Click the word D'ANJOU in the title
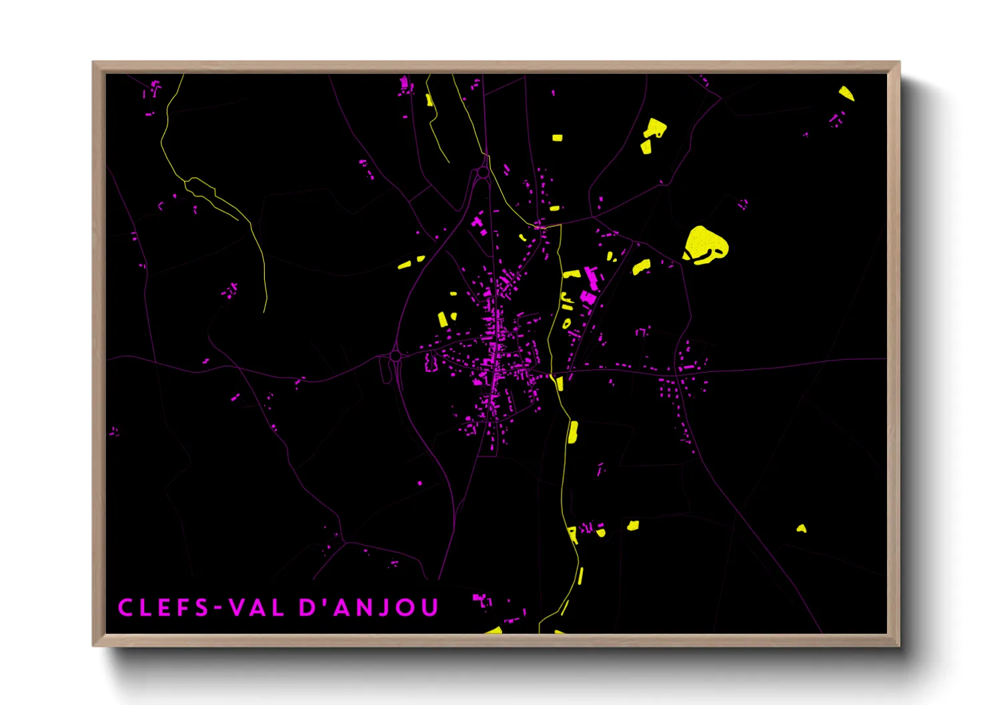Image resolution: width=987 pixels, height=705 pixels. pyautogui.click(x=369, y=608)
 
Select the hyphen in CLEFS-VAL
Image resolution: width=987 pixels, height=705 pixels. pyautogui.click(x=217, y=608)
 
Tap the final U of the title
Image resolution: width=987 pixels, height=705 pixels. pyautogui.click(x=430, y=608)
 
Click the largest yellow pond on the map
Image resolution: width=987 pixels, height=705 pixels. pyautogui.click(x=706, y=244)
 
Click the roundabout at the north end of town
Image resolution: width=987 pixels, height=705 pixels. pyautogui.click(x=483, y=173)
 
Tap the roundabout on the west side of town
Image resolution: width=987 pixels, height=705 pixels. pyautogui.click(x=395, y=356)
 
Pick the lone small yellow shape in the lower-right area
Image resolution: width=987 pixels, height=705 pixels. pyautogui.click(x=802, y=529)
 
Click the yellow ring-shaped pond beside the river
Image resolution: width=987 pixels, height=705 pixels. pyautogui.click(x=567, y=323)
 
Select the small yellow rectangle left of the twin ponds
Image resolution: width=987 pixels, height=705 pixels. pyautogui.click(x=557, y=138)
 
